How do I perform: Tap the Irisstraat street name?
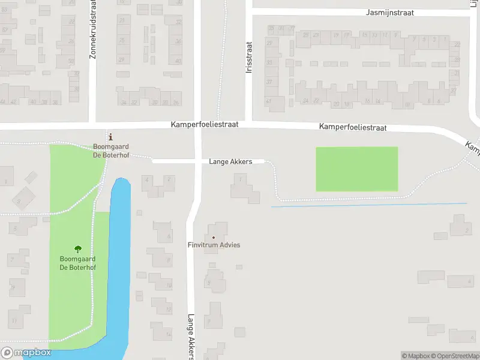[249, 57]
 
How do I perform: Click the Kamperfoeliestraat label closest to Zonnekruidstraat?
[205, 124]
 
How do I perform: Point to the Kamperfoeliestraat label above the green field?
[353, 127]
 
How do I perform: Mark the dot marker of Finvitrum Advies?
[213, 238]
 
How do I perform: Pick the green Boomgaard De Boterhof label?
[77, 263]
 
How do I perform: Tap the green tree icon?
[77, 249]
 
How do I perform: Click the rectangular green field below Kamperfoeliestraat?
[357, 169]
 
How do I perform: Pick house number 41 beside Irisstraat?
[268, 101]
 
